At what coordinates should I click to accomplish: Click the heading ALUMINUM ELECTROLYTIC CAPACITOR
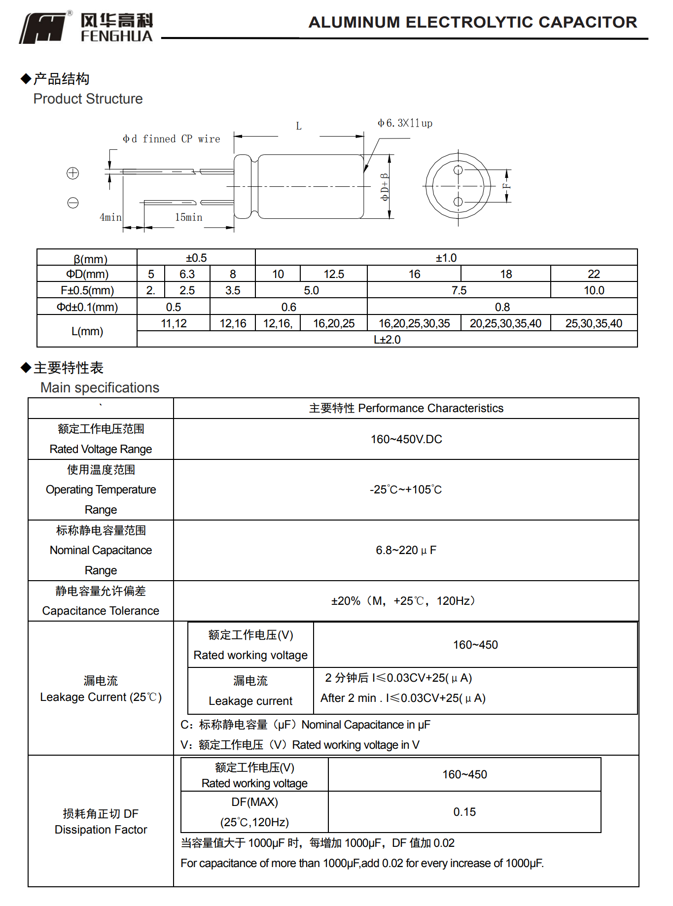472,22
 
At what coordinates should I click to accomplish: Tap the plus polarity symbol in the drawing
72,173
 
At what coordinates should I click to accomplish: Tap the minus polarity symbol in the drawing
73,203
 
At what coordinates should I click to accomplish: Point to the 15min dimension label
188,217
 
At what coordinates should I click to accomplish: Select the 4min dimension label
110,217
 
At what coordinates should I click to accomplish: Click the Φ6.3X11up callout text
405,123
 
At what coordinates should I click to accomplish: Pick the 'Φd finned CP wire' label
171,139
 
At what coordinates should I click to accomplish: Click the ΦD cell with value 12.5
333,274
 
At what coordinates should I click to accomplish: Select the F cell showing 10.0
594,290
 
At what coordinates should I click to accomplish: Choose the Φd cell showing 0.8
502,307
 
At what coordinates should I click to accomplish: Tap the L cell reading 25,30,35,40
594,323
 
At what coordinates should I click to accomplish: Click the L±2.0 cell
387,340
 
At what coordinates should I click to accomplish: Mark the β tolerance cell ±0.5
196,258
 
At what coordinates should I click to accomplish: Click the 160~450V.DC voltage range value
406,439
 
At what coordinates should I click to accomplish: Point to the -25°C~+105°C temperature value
406,489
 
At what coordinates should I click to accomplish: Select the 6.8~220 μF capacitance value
406,550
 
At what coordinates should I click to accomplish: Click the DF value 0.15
464,812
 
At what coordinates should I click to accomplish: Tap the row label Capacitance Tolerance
101,611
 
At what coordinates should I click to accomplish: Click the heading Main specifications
100,387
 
